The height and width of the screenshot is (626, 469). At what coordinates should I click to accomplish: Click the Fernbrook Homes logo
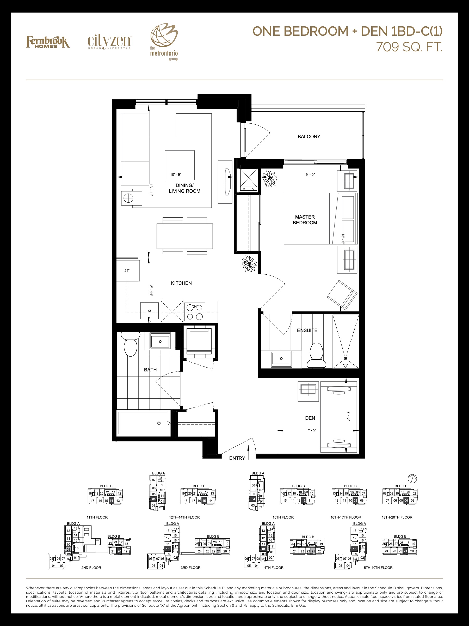pos(48,42)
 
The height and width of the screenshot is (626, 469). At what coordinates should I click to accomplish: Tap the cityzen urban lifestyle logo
pos(109,43)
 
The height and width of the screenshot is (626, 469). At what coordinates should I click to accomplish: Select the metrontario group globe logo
pos(164,41)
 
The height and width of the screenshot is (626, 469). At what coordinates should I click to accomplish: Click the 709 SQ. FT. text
pos(409,47)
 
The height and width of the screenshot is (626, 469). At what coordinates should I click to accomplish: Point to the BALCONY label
pos(309,137)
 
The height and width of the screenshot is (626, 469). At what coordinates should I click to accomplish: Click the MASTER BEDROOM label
pos(305,220)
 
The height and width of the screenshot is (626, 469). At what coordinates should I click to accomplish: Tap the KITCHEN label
pos(181,283)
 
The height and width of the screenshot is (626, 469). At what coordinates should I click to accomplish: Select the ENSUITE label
pos(307,330)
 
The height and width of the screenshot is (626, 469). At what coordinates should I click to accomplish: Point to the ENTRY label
pos(237,458)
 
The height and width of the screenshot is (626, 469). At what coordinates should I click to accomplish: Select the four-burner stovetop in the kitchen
pos(194,312)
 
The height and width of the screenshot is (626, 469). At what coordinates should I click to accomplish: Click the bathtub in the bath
pos(144,423)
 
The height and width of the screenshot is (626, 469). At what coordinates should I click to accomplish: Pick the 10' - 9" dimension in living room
pos(176,174)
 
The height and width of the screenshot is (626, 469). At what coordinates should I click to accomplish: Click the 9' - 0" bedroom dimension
pos(310,174)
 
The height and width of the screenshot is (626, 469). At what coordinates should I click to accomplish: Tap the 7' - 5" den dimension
pos(312,430)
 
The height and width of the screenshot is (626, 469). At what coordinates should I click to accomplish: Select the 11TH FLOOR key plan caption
pos(97,517)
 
